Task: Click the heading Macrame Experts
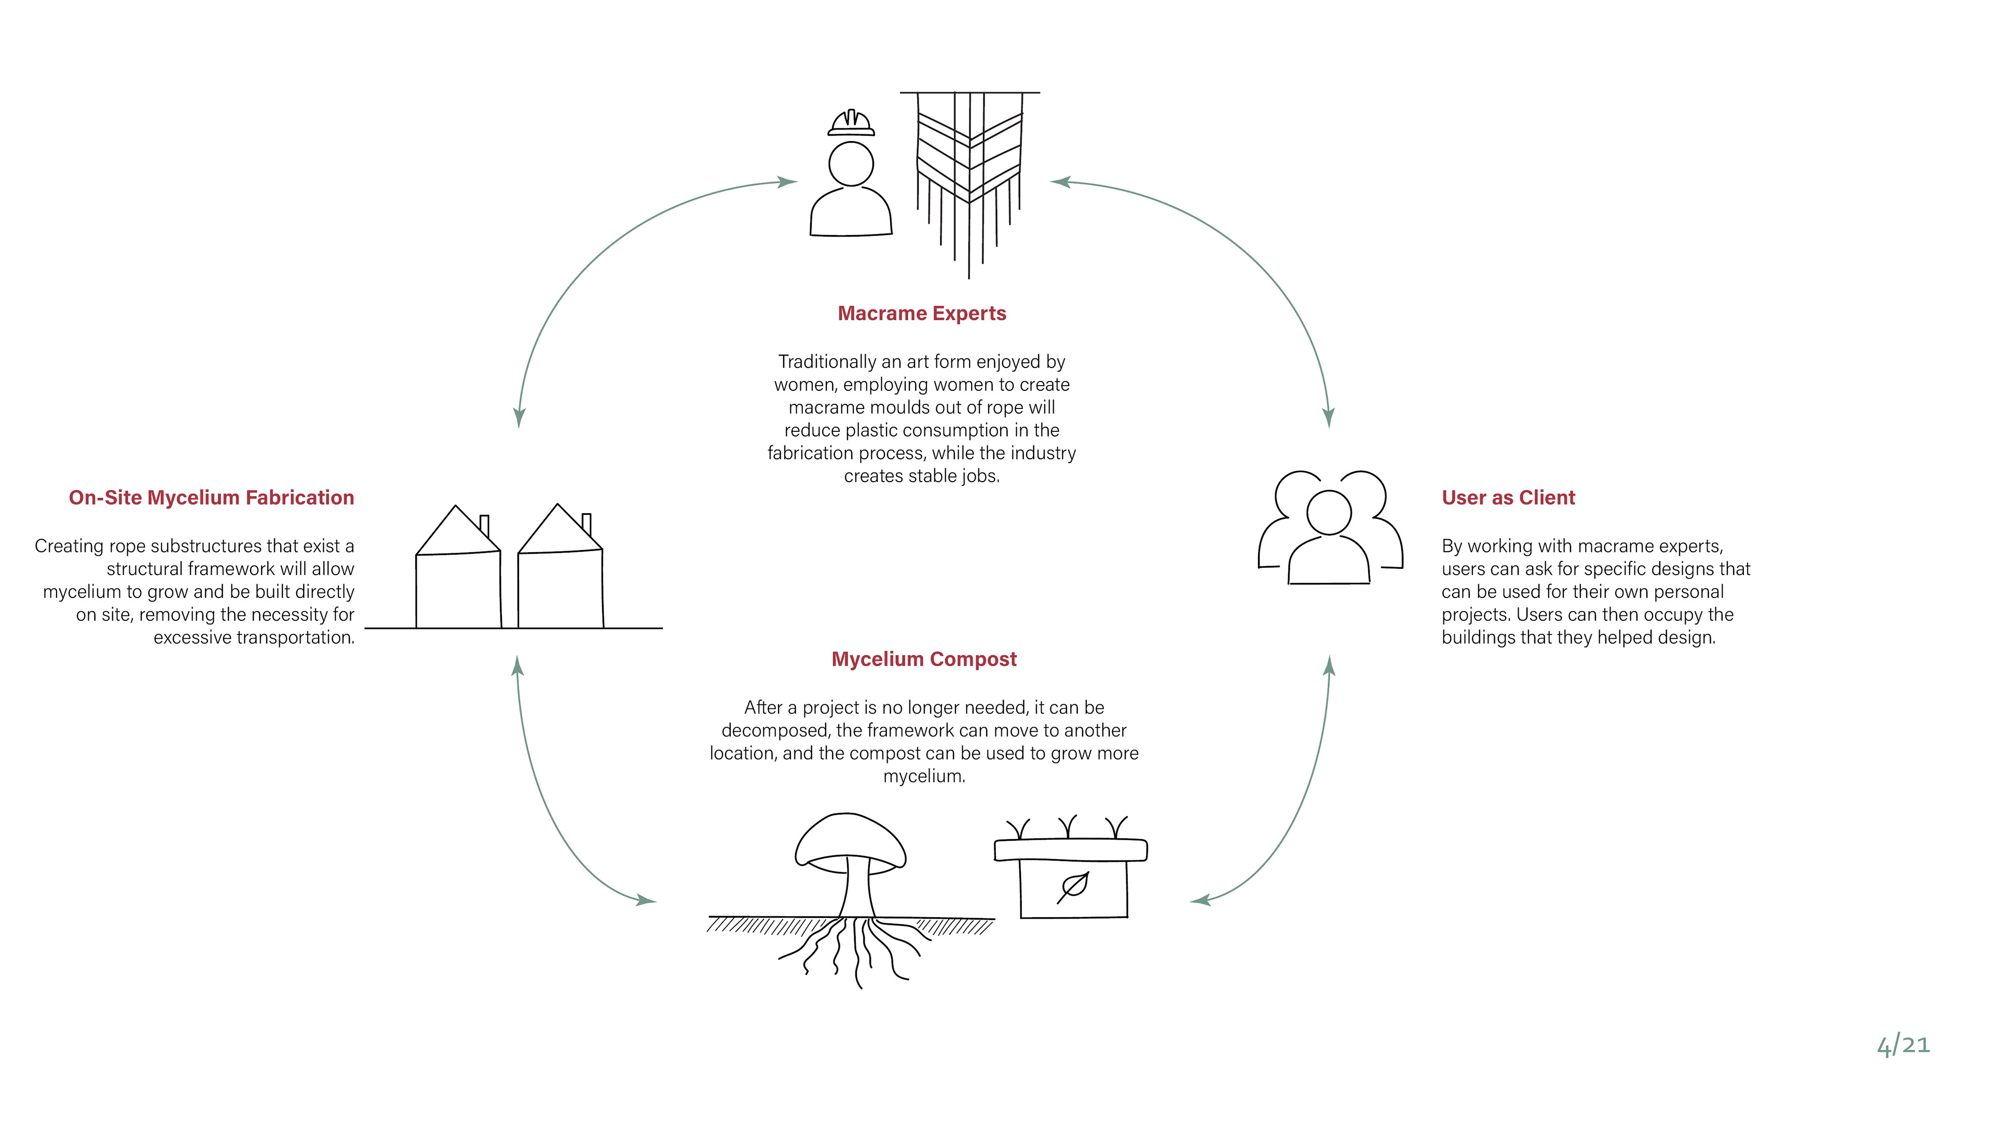tap(921, 313)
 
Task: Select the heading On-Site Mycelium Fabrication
tap(211, 498)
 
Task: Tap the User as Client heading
tap(1508, 498)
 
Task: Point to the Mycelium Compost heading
tap(924, 659)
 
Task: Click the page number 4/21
tap(1903, 1045)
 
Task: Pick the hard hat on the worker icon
tap(851, 123)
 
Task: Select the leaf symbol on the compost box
tap(1073, 886)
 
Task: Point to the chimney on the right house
tap(586, 523)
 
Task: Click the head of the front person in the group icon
tap(1329, 512)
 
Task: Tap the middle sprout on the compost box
tap(1069, 826)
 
